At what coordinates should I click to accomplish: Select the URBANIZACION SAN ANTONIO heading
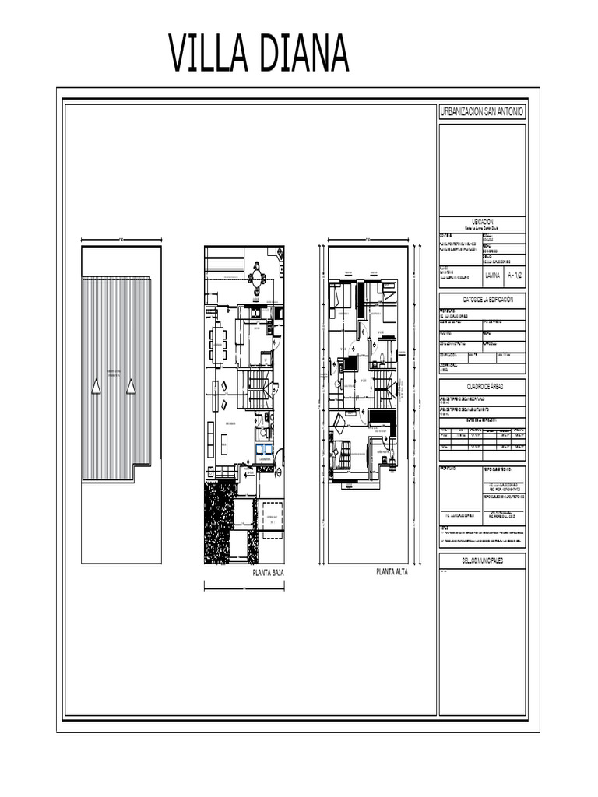[x=482, y=113]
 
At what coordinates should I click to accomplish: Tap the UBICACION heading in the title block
[x=482, y=222]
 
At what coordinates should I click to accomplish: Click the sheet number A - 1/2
[x=515, y=276]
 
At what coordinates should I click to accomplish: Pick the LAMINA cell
[x=493, y=276]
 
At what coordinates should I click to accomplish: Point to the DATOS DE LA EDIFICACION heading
[x=482, y=300]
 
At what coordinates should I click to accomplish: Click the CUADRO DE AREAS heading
[x=482, y=386]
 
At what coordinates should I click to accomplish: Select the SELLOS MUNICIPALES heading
[x=482, y=560]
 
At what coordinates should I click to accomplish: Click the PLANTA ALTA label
[x=392, y=572]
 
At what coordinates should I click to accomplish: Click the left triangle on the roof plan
[x=96, y=385]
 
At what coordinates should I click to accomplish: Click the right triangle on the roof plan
[x=131, y=385]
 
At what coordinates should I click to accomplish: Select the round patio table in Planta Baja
[x=257, y=278]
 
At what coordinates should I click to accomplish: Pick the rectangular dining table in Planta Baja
[x=217, y=343]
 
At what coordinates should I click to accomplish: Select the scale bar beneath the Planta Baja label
[x=244, y=588]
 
